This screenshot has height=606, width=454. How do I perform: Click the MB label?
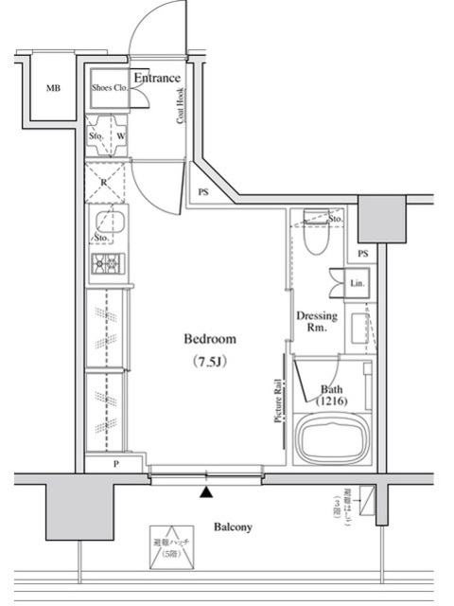click(53, 89)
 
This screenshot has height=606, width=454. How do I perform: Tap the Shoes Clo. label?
click(109, 89)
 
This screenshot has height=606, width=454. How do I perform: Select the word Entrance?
click(156, 78)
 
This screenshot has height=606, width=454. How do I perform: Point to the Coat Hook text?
click(180, 106)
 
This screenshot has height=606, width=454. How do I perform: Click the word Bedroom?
click(209, 339)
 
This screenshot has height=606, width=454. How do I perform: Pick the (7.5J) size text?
click(209, 361)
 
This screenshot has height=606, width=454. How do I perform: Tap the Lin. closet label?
click(357, 283)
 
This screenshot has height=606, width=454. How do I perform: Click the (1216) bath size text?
click(333, 402)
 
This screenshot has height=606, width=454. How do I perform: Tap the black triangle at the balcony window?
click(206, 491)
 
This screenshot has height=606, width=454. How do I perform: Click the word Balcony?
click(232, 527)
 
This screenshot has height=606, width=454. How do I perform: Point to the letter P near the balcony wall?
click(115, 464)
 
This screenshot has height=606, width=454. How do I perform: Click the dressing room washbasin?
click(360, 329)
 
